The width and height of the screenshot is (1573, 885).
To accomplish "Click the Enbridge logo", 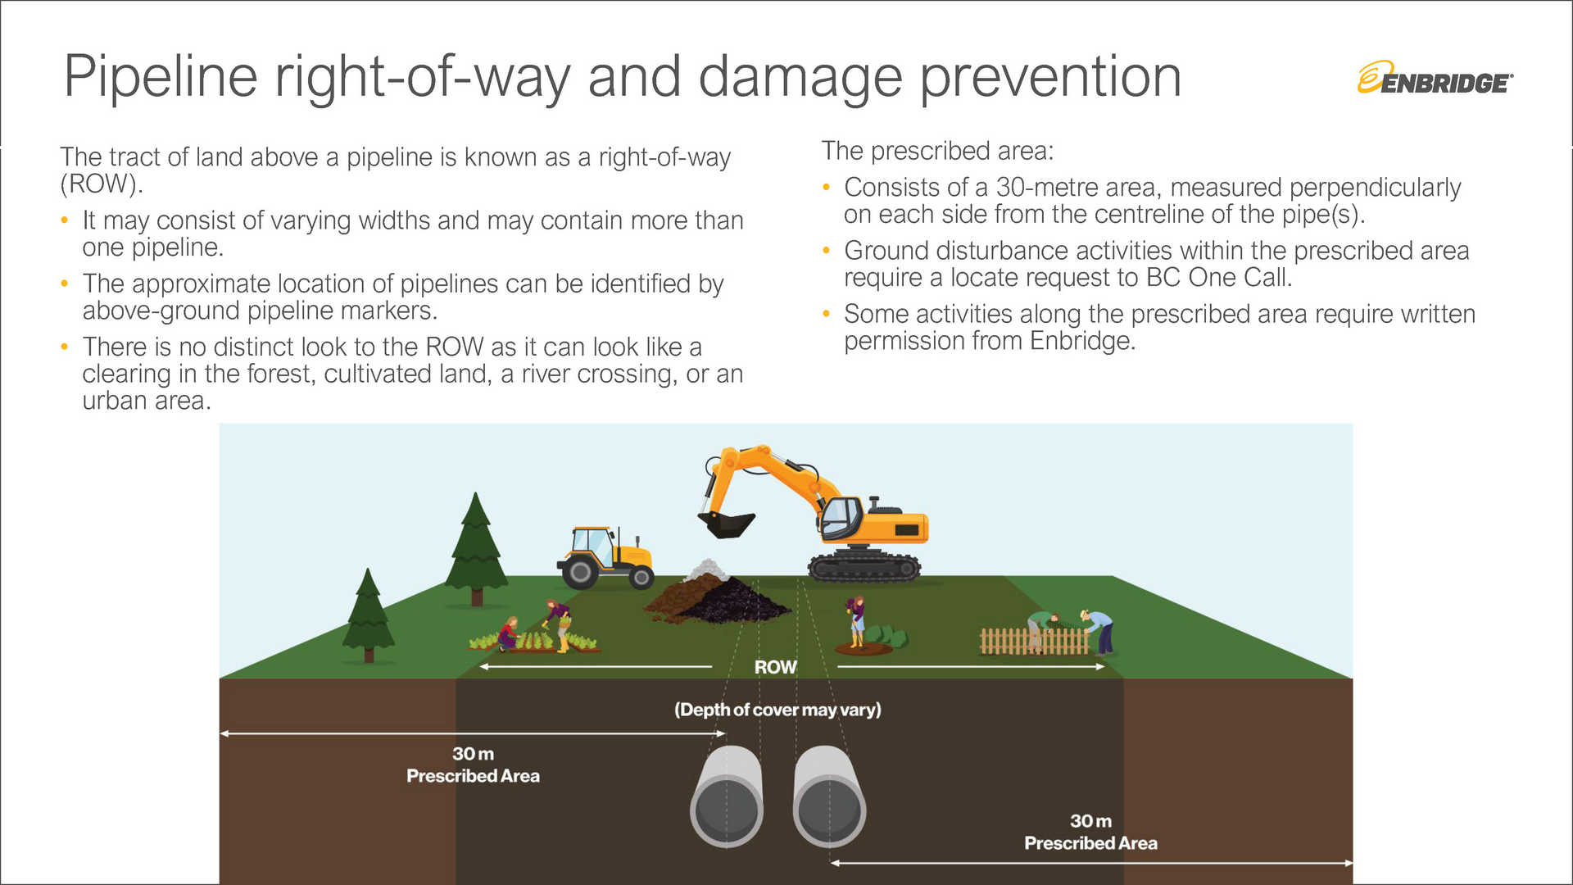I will click(1435, 79).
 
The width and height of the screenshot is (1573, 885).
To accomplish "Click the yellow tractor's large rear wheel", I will click(580, 571).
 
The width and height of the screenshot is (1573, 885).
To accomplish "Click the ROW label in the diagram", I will click(775, 667).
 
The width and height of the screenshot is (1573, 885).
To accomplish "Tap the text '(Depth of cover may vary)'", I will click(777, 710).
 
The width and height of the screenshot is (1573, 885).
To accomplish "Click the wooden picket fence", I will click(1034, 642).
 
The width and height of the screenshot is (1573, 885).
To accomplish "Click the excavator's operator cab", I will click(841, 517).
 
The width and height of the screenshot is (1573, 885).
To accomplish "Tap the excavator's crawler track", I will click(864, 565).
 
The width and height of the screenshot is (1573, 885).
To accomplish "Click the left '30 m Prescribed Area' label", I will click(473, 765).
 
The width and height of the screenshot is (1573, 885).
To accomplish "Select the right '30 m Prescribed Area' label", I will click(1090, 832).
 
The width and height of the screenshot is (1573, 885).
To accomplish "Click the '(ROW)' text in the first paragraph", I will click(101, 184).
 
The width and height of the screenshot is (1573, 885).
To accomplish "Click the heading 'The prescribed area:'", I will click(937, 151).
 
